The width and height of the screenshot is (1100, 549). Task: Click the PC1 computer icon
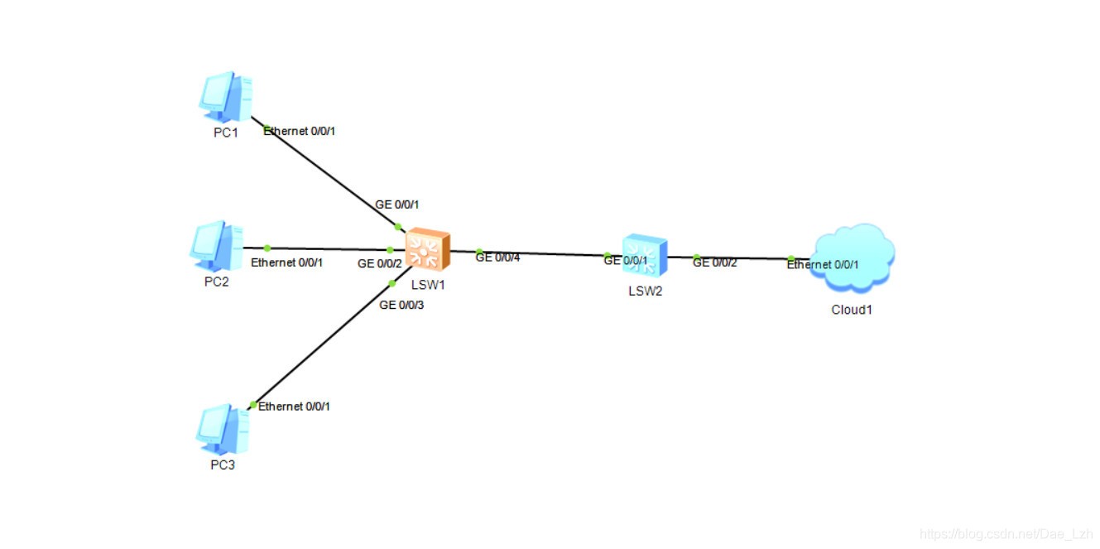tap(226, 96)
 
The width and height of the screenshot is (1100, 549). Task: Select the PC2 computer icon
tap(217, 246)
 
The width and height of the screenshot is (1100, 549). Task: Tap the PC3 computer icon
tap(223, 429)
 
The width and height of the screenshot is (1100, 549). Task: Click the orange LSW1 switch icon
tap(428, 249)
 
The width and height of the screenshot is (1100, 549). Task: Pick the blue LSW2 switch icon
tap(646, 255)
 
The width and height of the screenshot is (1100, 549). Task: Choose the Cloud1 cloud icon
tap(854, 258)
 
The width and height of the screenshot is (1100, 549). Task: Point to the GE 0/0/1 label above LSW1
tap(396, 205)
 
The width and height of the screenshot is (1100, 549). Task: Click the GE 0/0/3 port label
tap(401, 306)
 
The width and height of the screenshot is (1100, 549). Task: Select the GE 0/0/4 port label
tap(497, 258)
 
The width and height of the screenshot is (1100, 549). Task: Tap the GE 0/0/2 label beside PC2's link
tap(380, 264)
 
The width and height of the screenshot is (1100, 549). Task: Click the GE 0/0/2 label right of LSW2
tap(714, 263)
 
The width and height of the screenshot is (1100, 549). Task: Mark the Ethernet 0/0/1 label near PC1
tap(299, 131)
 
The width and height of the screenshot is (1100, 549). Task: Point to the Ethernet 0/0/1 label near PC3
tap(294, 407)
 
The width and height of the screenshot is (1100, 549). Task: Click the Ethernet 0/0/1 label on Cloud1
tap(823, 265)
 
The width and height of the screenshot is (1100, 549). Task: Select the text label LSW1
tap(428, 285)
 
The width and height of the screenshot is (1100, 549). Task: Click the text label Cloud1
tap(852, 311)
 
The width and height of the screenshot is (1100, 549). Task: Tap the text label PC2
tap(217, 282)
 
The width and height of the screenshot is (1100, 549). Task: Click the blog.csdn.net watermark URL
tap(1006, 534)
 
